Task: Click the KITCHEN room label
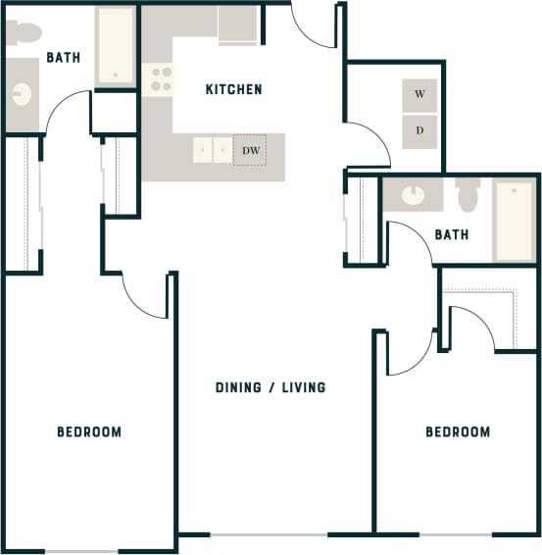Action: coord(233,90)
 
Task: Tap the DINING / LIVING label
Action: coord(271,387)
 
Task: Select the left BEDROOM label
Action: coord(89,431)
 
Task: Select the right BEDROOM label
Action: coord(458,431)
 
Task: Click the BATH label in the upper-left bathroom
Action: coord(63,59)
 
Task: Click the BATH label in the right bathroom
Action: coord(452,235)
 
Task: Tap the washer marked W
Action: coord(419,95)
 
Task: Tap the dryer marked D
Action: coord(419,129)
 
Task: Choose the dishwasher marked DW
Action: coord(249,151)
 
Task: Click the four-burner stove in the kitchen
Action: coord(159,80)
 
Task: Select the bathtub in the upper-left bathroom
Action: coord(115,46)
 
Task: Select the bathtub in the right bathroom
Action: coord(514,221)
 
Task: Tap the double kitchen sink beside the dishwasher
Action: coord(213,151)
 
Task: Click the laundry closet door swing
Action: coord(363,142)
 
